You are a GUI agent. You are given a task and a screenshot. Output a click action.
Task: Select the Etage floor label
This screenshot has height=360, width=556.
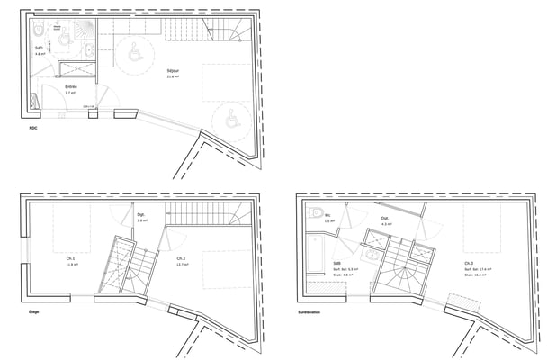point(33,312)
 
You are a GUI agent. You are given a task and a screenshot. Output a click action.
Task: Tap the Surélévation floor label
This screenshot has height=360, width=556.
point(309,312)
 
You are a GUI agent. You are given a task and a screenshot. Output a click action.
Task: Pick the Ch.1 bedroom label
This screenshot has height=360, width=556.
point(70,257)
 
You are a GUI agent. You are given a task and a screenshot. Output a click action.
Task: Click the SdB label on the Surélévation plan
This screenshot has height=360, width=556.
point(336,263)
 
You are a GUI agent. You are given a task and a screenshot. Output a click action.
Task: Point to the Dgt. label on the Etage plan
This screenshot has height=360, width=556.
point(141,214)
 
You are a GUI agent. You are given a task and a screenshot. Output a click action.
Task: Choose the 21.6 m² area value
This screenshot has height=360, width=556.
point(173,76)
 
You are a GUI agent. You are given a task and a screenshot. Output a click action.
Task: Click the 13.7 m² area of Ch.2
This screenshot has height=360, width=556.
point(182,265)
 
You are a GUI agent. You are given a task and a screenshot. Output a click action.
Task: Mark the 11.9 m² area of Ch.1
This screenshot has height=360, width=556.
point(70,265)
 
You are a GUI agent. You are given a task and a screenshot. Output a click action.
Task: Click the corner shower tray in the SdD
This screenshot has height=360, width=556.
point(85,30)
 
